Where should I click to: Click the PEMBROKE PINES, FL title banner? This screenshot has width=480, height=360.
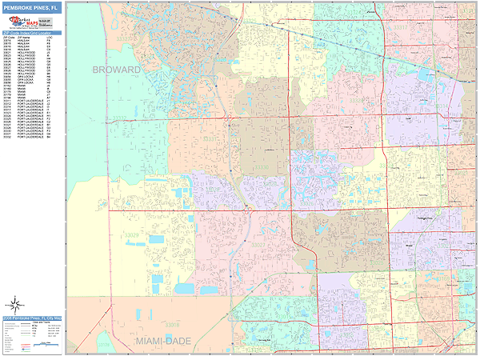32,9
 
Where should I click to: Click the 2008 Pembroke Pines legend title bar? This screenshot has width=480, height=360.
32,319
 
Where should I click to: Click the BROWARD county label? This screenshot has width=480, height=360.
116,70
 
